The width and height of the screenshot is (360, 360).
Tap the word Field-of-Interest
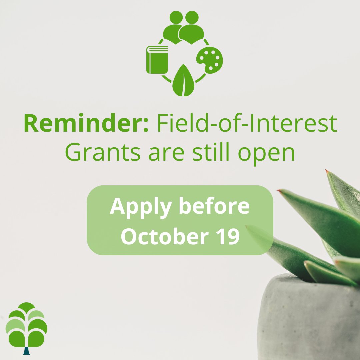[x=247, y=124]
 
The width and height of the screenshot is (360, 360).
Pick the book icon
[x=157, y=60]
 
